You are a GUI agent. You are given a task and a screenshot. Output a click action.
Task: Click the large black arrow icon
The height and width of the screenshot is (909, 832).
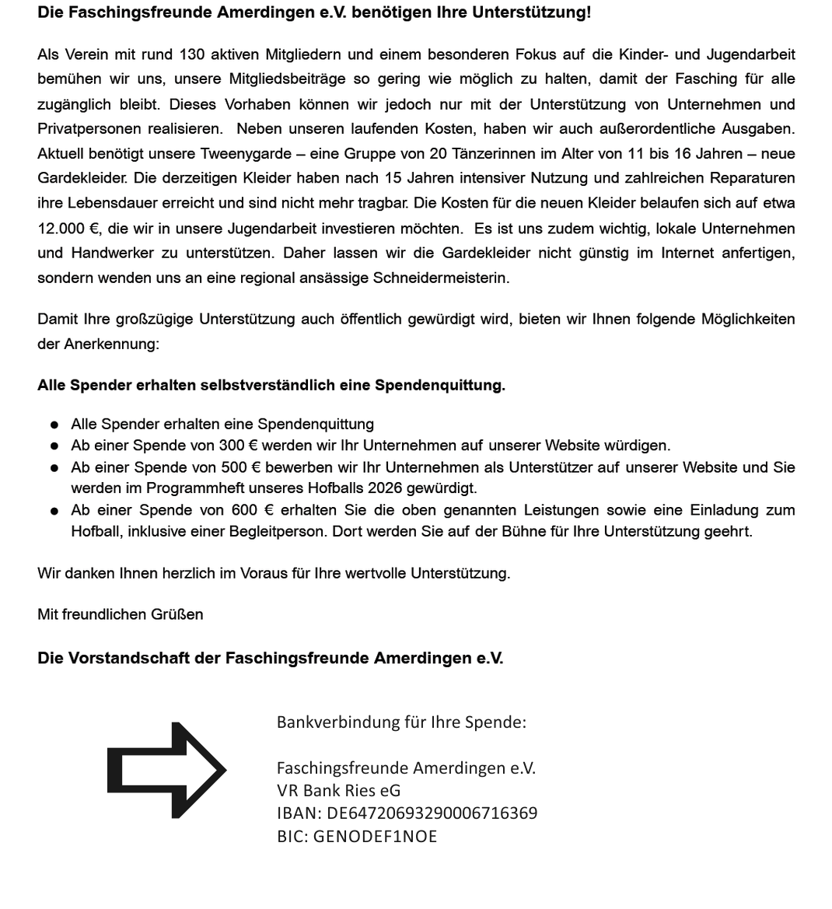(166, 770)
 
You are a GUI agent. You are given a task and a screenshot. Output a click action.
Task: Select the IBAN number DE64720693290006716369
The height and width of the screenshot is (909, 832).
(432, 813)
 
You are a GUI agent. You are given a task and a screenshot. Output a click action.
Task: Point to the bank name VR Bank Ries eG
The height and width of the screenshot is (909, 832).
(338, 791)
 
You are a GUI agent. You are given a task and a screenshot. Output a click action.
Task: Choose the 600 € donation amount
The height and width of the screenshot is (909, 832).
(246, 510)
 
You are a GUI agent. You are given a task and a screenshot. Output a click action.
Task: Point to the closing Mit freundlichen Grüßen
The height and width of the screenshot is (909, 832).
(121, 614)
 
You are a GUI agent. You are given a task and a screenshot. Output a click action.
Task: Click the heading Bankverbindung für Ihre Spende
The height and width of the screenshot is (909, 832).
(401, 722)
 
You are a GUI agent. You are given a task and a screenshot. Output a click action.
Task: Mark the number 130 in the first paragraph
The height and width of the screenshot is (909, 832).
(192, 54)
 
